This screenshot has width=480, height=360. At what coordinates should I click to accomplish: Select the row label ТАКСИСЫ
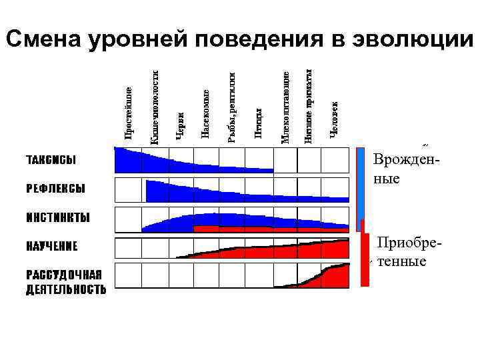coord(51,160)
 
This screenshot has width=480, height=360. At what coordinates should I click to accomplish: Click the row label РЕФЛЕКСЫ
coord(55,189)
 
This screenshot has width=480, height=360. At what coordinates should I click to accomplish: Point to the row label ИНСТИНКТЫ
coord(58,218)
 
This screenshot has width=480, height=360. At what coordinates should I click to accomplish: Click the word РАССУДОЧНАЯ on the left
coord(64,275)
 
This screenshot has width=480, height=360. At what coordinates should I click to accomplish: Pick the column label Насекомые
coord(206,114)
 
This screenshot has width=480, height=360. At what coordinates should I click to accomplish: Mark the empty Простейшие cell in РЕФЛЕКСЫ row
coord(130,190)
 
